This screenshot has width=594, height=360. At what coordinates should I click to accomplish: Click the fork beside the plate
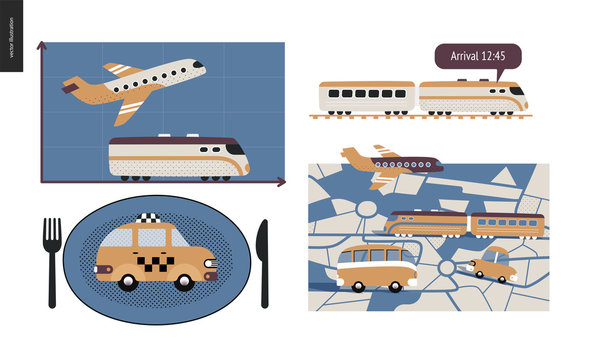click(x=51, y=262)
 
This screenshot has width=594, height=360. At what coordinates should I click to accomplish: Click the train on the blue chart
click(x=178, y=159)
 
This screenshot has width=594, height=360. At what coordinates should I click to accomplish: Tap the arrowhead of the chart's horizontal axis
click(x=281, y=182)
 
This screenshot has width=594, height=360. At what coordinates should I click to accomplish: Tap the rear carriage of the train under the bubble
click(x=366, y=98)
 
